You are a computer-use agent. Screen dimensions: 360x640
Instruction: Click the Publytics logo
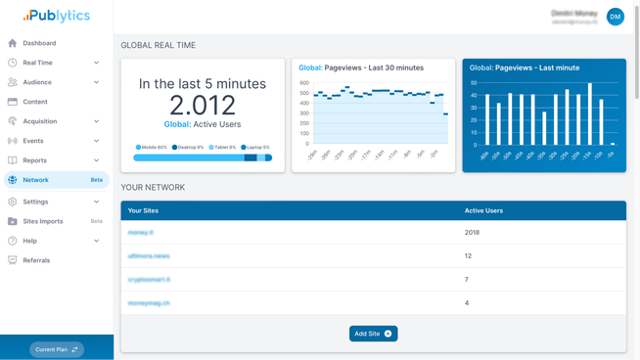pos(56,16)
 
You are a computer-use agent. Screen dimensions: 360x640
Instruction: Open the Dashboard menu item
pos(39,43)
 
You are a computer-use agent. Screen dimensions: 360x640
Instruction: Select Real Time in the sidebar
pos(38,63)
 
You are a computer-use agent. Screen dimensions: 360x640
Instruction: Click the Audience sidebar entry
pos(37,82)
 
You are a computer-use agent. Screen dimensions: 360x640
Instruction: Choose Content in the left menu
pos(35,102)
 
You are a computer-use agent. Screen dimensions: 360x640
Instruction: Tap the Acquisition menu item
pos(40,121)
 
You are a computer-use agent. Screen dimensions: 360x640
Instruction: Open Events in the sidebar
pos(33,141)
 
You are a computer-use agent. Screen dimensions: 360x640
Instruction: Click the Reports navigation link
pos(34,160)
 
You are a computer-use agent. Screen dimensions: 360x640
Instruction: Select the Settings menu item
pos(35,202)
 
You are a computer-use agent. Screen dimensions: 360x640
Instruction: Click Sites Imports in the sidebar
pos(43,221)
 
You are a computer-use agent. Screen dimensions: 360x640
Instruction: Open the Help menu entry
pos(30,241)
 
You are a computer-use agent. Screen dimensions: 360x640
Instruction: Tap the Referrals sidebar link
pos(36,260)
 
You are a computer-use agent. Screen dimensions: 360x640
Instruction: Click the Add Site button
pos(373,334)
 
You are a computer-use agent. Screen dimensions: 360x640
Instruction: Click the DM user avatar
pos(615,17)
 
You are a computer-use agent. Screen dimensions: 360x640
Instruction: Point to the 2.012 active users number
pos(203,106)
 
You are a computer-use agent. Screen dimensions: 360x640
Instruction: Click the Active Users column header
pos(483,210)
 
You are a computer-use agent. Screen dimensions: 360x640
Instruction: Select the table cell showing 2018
pos(472,233)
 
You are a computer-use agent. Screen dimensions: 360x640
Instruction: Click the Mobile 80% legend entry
pos(152,148)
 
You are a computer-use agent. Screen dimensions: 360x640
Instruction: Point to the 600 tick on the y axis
pos(303,83)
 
